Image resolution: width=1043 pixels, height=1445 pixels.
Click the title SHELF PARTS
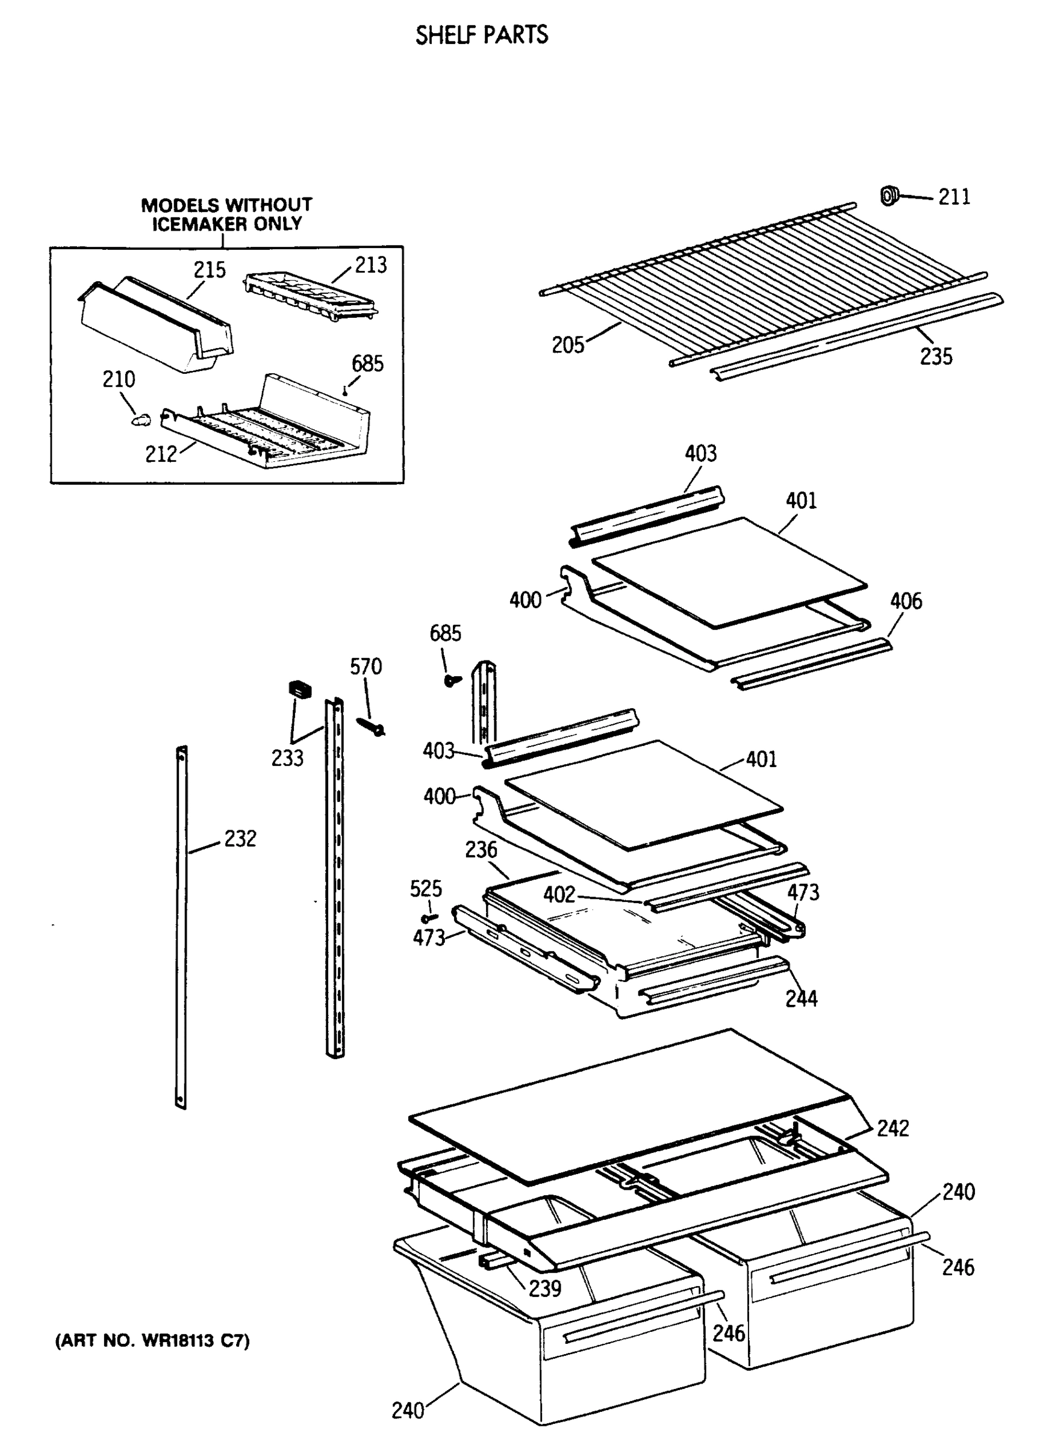pos(481,35)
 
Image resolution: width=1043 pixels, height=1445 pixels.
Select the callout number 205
pos(568,346)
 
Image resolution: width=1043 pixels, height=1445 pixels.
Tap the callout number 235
pos(935,357)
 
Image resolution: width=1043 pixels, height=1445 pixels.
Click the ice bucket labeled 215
pos(156,325)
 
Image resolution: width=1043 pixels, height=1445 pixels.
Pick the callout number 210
pos(119,380)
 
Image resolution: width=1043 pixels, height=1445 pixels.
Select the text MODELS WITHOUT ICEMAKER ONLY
pos(226,214)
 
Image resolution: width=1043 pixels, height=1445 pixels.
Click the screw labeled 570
pos(371,726)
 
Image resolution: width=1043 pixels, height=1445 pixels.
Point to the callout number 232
pos(240,839)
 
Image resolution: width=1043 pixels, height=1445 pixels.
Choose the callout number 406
pos(905,601)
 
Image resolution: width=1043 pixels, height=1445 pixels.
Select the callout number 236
pos(481,850)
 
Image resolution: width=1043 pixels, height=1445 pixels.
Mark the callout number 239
pos(545,1288)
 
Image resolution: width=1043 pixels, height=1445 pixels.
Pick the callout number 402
pos(559,895)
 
